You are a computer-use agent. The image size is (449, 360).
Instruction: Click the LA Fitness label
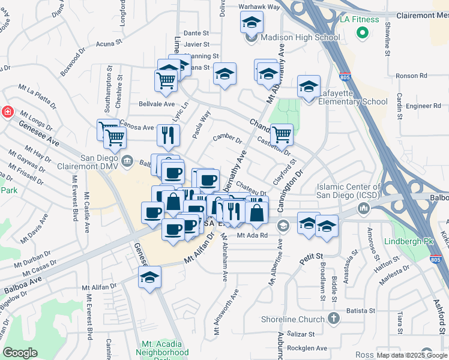pyautogui.click(x=360, y=19)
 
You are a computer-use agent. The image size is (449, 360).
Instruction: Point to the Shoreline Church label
pyautogui.click(x=292, y=319)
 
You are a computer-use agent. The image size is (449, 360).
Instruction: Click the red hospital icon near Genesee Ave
pyautogui.click(x=7, y=112)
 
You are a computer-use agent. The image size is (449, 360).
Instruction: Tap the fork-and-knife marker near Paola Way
pyautogui.click(x=168, y=135)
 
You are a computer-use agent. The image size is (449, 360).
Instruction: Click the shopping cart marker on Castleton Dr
pyautogui.click(x=281, y=134)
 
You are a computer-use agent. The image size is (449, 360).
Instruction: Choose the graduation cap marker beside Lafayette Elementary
pyautogui.click(x=309, y=88)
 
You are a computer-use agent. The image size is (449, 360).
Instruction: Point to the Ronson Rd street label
pyautogui.click(x=412, y=76)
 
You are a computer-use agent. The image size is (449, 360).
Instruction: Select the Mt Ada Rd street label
pyautogui.click(x=251, y=235)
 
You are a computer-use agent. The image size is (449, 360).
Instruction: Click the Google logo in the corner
pyautogui.click(x=20, y=353)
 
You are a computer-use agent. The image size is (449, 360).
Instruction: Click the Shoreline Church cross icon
pyautogui.click(x=334, y=319)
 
